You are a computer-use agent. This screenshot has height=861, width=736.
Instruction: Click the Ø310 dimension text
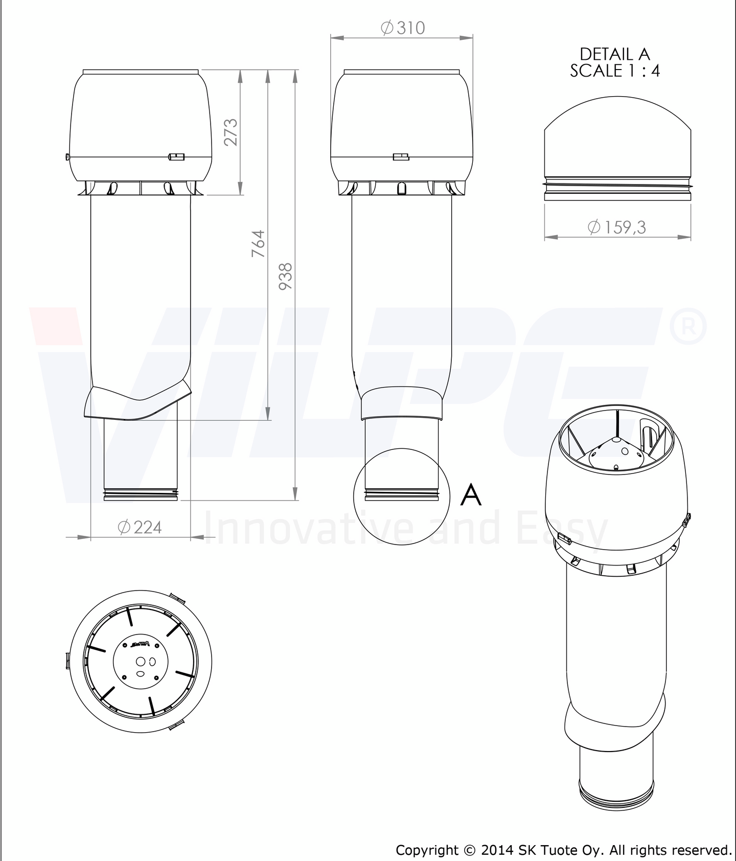point(403,28)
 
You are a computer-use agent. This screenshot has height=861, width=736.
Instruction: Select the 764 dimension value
point(258,243)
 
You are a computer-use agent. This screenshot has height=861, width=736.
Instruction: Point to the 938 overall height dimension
point(285,276)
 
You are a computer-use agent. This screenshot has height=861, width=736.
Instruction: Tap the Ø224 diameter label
point(140,527)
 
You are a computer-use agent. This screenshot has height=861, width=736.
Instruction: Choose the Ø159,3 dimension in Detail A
point(617,227)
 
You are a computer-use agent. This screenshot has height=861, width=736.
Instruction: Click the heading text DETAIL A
point(614,54)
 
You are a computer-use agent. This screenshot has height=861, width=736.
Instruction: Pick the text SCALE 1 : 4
point(614,71)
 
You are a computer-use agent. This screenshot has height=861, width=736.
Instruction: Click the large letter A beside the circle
point(471,494)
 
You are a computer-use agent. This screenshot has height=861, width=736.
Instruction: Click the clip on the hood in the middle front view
point(401,156)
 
